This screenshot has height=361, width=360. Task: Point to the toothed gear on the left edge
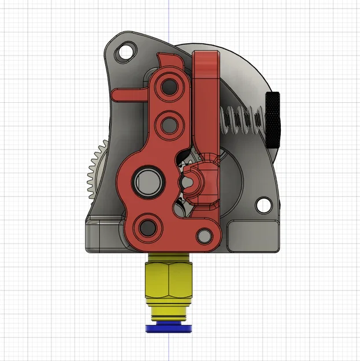[92, 173]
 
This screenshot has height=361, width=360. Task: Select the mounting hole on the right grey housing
[263, 204]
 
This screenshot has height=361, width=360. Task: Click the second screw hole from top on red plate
[169, 122]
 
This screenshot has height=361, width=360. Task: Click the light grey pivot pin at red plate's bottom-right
[203, 235]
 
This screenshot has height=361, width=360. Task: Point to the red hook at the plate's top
[168, 60]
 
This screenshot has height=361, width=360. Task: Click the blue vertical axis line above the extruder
[168, 17]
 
